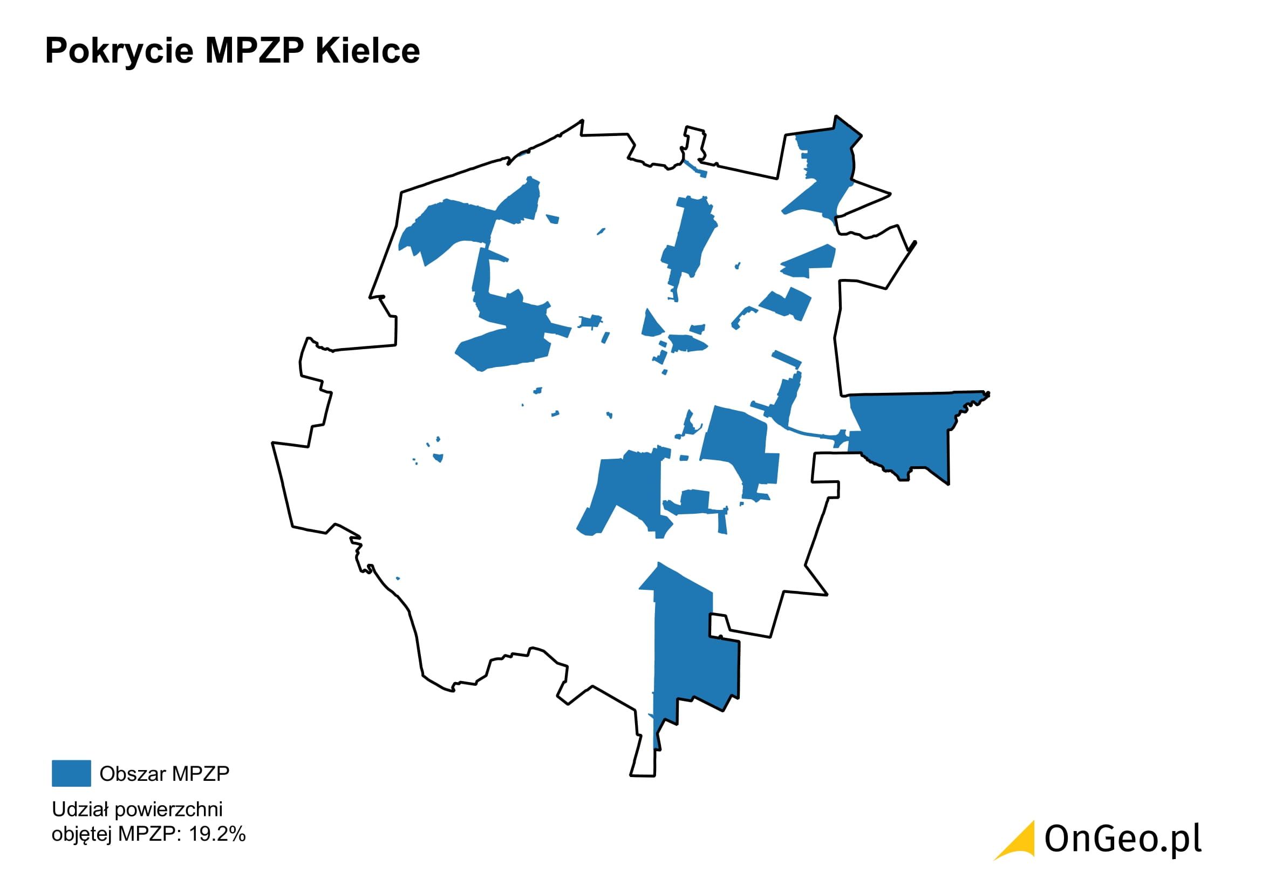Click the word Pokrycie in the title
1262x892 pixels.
coord(118,51)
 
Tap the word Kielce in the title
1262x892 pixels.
coord(368,51)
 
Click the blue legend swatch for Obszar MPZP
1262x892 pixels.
coord(71,773)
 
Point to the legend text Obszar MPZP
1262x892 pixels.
coord(165,773)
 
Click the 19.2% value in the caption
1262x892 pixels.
coord(217,834)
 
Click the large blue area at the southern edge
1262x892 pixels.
coord(693,659)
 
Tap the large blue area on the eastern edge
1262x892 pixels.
coord(902,434)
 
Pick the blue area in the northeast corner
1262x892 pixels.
coord(824,171)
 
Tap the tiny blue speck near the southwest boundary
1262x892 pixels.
coord(398,578)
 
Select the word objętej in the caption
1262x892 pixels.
coord(82,834)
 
